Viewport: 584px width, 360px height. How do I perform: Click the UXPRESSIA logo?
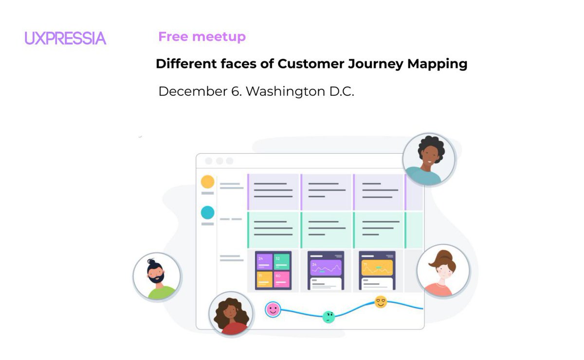(65, 38)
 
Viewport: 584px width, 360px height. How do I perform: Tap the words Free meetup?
(202, 36)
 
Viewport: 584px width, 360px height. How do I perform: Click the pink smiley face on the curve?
(273, 309)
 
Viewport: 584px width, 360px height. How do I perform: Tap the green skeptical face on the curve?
(329, 317)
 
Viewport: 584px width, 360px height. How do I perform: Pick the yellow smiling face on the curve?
(381, 302)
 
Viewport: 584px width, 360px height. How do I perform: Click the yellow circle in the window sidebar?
(208, 182)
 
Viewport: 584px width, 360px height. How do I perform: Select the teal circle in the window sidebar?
(208, 213)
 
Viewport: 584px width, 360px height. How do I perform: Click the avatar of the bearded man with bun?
(157, 276)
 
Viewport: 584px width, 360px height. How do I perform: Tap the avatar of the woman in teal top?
(429, 159)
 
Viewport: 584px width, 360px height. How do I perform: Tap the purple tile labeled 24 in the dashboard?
(264, 261)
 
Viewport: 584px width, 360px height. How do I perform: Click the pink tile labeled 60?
(282, 279)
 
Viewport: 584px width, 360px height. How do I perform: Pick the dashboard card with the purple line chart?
(326, 270)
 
